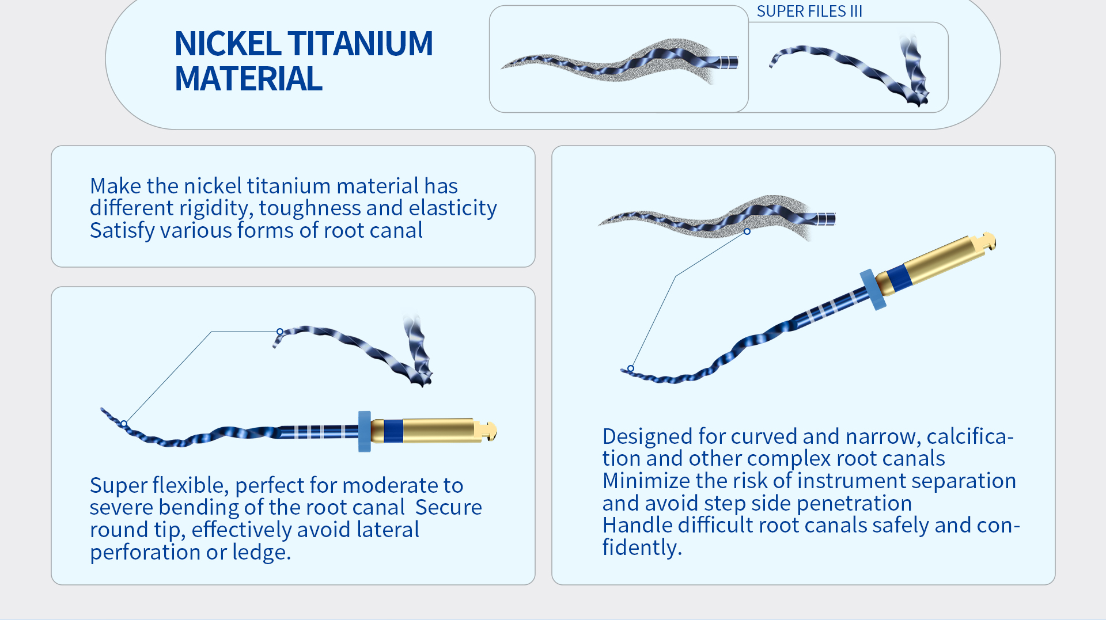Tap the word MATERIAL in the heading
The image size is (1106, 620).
pyautogui.click(x=248, y=79)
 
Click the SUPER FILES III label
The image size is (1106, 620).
pyautogui.click(x=809, y=12)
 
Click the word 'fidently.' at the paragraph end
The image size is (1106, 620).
pyautogui.click(x=642, y=547)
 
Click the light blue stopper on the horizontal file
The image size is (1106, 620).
pyautogui.click(x=364, y=431)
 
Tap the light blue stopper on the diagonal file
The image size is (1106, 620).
pyautogui.click(x=873, y=290)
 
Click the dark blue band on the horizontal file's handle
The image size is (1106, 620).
pyautogui.click(x=393, y=431)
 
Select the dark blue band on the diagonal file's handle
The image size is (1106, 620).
pyautogui.click(x=899, y=277)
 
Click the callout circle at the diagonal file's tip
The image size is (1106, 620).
pyautogui.click(x=631, y=368)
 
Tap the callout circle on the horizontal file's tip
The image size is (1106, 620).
pyautogui.click(x=124, y=424)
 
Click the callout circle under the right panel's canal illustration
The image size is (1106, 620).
pyautogui.click(x=747, y=231)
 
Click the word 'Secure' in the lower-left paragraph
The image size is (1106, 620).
pyautogui.click(x=448, y=508)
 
